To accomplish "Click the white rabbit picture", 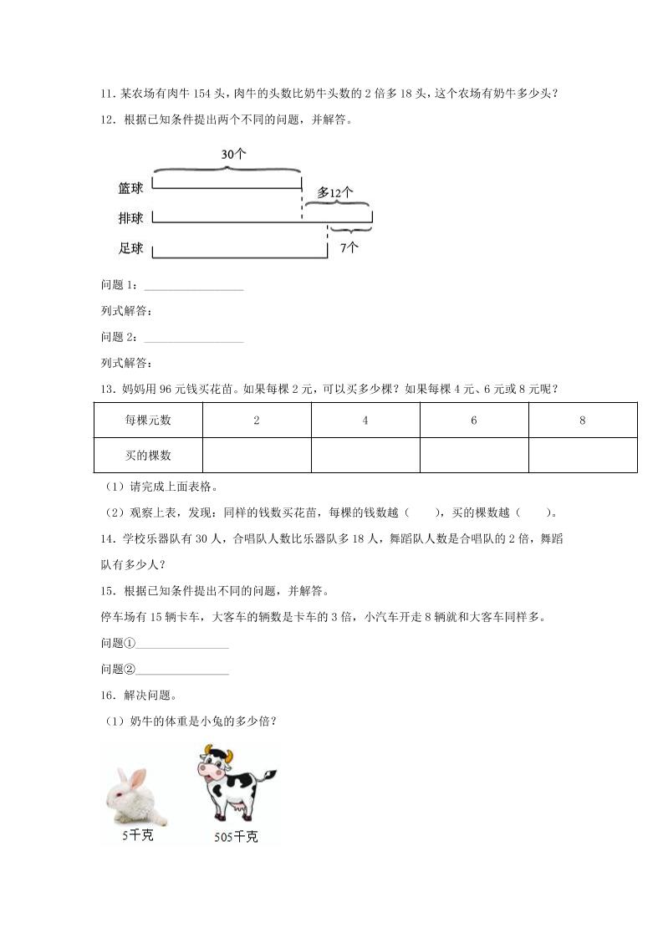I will point(137,796).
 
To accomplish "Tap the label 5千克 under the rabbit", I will point(137,835).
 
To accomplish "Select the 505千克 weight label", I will point(236,837).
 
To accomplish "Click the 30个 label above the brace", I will point(233,155).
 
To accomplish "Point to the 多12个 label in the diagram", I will point(334,193).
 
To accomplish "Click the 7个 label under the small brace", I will point(349,247).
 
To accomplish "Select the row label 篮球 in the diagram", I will point(130,189).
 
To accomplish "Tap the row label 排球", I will point(130,218).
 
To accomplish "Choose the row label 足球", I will point(130,248).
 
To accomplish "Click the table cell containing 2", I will point(257,421).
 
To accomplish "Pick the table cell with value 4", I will point(365,421).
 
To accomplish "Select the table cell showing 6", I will point(474,421).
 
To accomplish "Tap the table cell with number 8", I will point(583,421).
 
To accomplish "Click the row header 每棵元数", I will point(148,421).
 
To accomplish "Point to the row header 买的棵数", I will point(148,456).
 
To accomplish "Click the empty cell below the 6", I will point(474,456).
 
